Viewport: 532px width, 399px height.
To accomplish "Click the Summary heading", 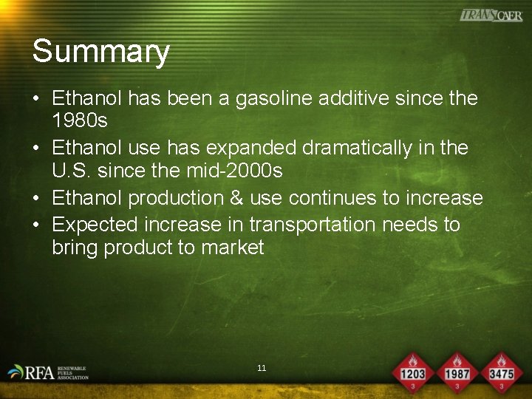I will (100, 52).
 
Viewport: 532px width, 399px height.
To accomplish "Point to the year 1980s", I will (80, 120).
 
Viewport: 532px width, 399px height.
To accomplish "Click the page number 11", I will (262, 368).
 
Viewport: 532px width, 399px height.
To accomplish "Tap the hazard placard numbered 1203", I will (412, 372).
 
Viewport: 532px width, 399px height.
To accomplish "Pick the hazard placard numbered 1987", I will (457, 372).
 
